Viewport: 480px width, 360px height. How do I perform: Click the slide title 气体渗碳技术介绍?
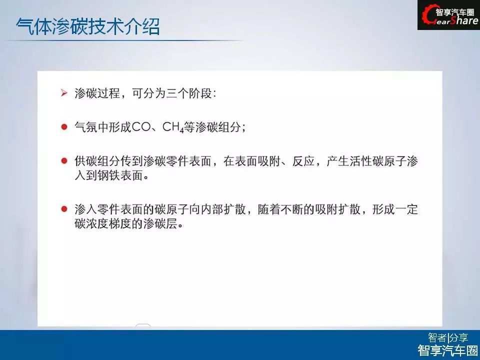point(88,26)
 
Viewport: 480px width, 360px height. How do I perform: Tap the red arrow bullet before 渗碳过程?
point(64,93)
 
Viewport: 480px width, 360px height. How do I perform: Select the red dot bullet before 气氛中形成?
point(64,126)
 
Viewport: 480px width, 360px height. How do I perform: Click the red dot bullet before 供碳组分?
point(64,160)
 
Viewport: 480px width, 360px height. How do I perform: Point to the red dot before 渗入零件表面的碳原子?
point(64,209)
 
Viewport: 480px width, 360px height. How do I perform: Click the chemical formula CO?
point(141,126)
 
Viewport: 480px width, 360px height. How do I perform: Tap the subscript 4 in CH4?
point(181,130)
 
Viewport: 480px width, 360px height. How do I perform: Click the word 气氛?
point(85,126)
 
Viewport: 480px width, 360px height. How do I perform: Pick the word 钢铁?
point(108,175)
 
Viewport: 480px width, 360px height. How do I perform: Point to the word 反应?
point(303,160)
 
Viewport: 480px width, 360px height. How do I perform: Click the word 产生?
point(338,160)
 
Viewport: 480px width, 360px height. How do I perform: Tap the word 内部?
point(212,209)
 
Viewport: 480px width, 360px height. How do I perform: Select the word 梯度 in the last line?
point(120,224)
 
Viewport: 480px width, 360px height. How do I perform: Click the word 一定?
point(406,209)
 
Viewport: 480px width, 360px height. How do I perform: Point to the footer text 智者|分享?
point(448,337)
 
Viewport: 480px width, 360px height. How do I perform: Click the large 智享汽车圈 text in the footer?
point(448,350)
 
